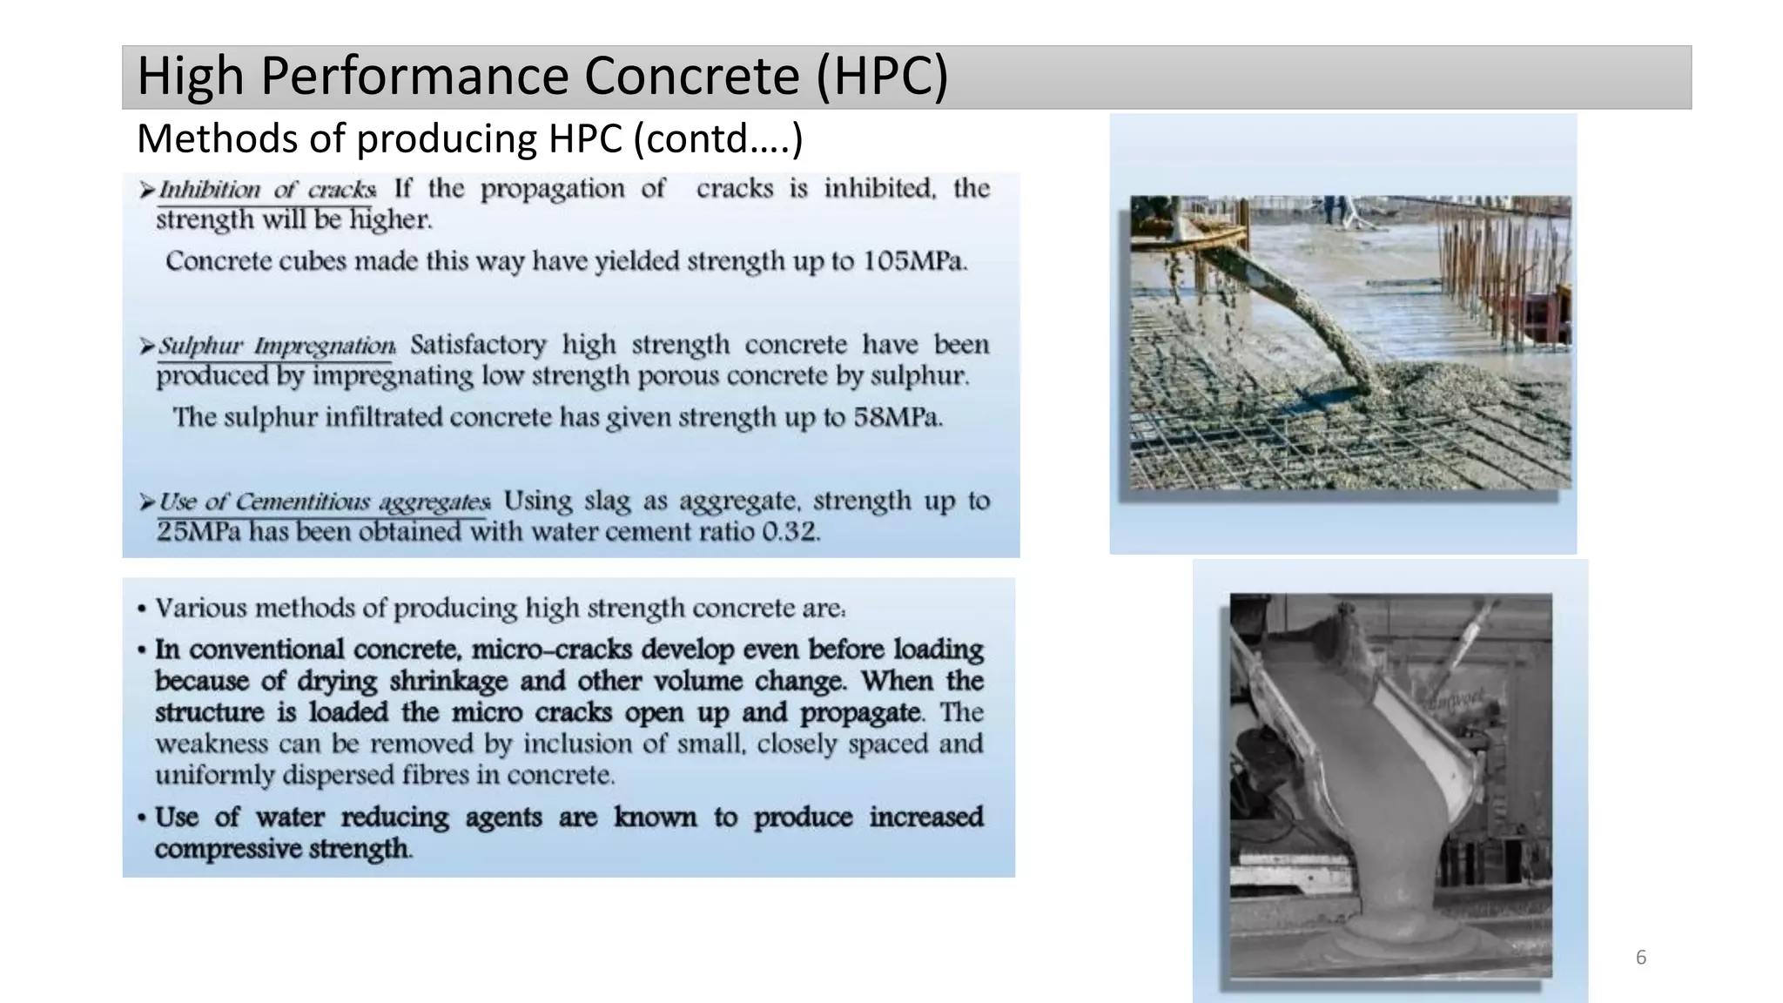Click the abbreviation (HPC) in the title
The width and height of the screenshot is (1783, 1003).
coord(881,76)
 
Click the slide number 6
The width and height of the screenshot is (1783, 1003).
coord(1641,958)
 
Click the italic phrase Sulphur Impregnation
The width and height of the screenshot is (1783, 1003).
coord(276,346)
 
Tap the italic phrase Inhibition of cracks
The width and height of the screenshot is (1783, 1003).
coord(267,189)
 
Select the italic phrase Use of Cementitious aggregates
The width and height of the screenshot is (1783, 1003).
coord(324,501)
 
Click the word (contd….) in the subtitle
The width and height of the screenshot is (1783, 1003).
coord(717,139)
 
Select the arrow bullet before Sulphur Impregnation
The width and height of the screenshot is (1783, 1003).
coord(146,347)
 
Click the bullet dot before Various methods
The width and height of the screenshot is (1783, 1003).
coord(141,609)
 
